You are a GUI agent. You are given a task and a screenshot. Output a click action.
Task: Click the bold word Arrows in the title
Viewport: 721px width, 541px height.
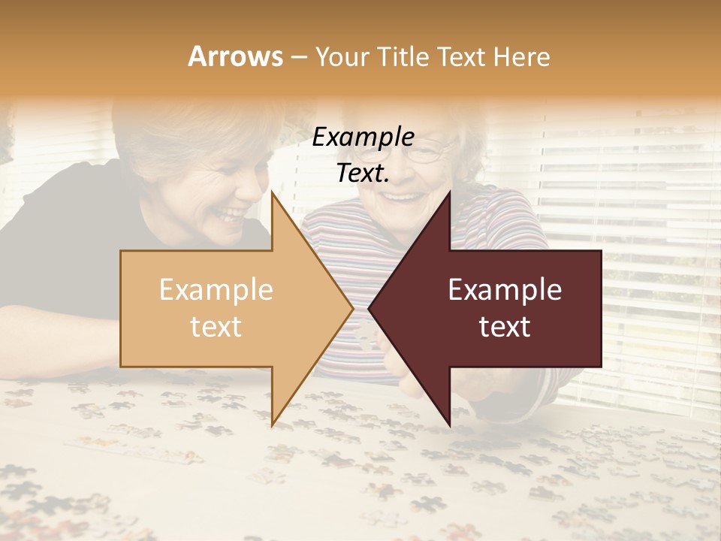tap(235, 56)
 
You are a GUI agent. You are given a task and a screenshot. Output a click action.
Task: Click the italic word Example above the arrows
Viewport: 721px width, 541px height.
tap(363, 138)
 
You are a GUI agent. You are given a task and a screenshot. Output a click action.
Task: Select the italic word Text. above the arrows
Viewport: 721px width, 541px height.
tap(363, 174)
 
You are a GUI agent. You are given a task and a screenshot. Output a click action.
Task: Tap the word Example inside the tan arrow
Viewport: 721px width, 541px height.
tap(216, 290)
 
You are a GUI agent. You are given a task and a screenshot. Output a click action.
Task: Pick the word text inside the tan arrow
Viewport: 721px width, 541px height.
tap(216, 327)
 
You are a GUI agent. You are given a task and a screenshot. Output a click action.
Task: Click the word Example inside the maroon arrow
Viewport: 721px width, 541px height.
tap(505, 290)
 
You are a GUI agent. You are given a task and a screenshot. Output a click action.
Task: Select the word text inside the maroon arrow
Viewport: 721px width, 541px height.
tap(505, 327)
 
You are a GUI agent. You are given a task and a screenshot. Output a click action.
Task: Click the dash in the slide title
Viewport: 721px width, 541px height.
tap(298, 57)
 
